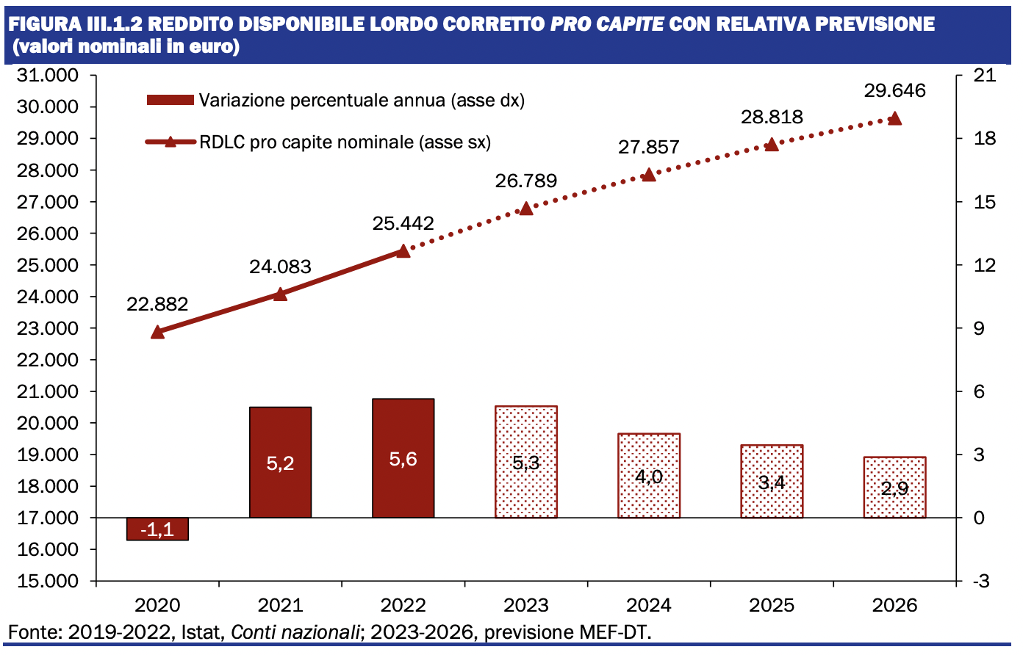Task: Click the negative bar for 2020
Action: (x=157, y=529)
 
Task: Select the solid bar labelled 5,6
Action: (x=403, y=458)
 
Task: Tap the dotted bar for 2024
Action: (x=649, y=476)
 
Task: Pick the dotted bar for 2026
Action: (x=894, y=487)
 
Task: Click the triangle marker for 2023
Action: (x=525, y=209)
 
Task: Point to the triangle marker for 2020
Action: (x=157, y=332)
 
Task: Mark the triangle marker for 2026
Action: (x=894, y=119)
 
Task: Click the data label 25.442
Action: (x=403, y=223)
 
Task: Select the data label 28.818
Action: (x=772, y=117)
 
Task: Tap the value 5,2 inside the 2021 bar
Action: (x=280, y=463)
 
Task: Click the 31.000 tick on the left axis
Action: (x=47, y=75)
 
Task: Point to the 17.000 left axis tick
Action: (x=47, y=518)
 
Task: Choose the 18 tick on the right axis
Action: (x=984, y=138)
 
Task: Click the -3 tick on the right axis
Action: (x=981, y=581)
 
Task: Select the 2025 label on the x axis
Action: (x=772, y=605)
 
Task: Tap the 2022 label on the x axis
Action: (x=403, y=605)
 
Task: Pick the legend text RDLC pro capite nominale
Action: (x=345, y=142)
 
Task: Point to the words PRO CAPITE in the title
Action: (x=607, y=23)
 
